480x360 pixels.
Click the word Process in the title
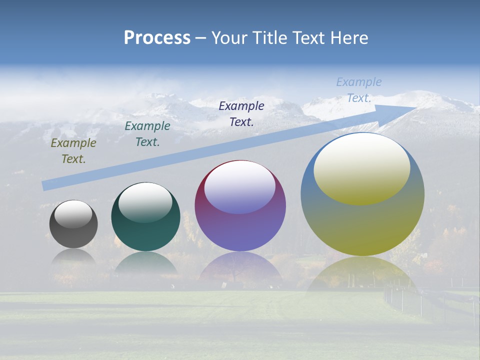pos(157,38)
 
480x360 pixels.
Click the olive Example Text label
pos(73,151)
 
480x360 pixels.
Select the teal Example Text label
pos(147,134)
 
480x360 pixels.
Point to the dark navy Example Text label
pos(241,113)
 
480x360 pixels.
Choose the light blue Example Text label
pos(358,90)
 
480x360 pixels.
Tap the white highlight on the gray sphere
pos(73,214)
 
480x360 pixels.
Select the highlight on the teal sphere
pos(145,202)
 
